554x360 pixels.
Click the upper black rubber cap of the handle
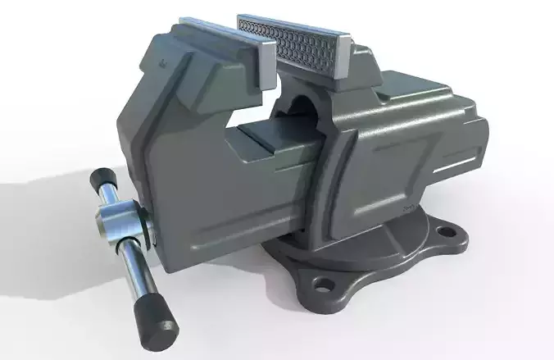[x=105, y=179]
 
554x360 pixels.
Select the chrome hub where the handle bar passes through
[x=122, y=222]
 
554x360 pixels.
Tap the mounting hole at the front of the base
[x=325, y=285]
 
